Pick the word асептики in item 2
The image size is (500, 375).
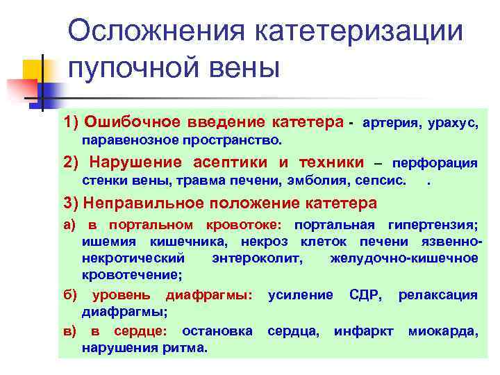coord(233,163)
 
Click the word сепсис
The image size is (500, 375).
coord(378,183)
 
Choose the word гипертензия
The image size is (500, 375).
coord(433,226)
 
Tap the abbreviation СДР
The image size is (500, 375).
coord(365,295)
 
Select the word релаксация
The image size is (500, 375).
coord(437,295)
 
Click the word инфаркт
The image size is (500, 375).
coord(364,331)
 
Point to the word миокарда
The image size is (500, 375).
coord(443,331)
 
